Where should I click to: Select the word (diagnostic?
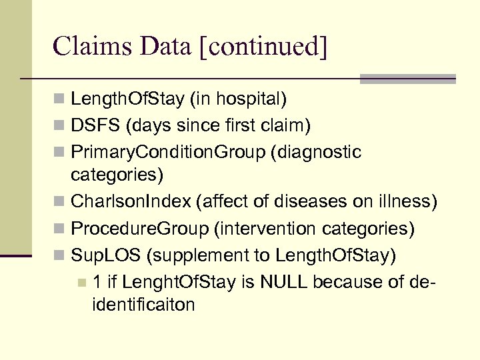tap(316, 152)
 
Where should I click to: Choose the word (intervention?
tap(265, 229)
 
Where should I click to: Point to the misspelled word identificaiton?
tap(144, 305)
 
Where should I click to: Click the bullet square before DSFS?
tap(60, 126)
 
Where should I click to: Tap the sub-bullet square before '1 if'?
tap(81, 282)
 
